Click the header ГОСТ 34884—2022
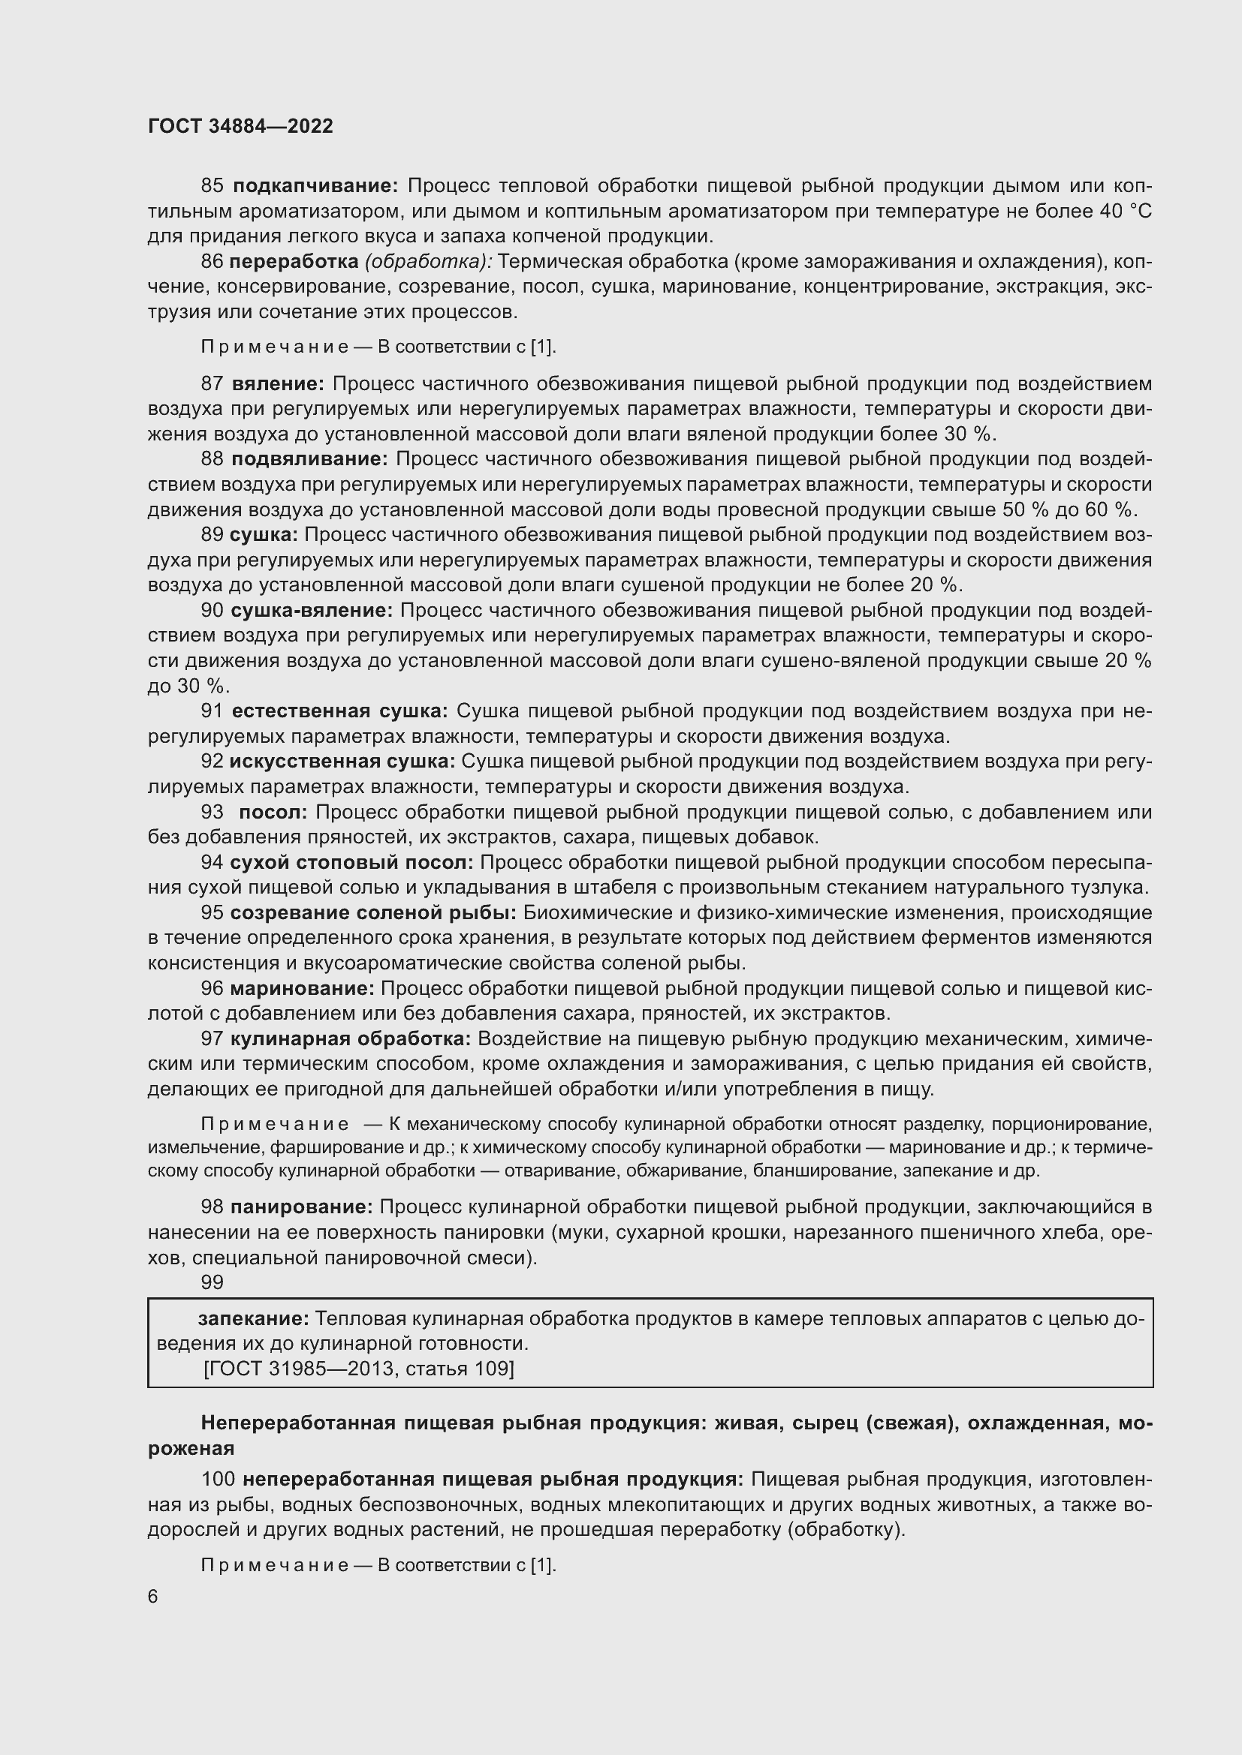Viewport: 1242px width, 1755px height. click(240, 126)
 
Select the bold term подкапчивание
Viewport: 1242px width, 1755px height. click(315, 186)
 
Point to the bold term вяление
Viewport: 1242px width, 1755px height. click(279, 383)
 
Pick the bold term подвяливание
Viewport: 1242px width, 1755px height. click(309, 458)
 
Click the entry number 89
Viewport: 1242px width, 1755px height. click(212, 534)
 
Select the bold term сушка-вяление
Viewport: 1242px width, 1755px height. click(312, 610)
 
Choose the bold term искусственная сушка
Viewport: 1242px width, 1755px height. click(342, 762)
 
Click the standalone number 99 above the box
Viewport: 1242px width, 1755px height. click(212, 1282)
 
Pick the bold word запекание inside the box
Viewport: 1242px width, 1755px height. click(253, 1318)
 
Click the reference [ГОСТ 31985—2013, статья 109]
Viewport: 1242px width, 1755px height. click(359, 1369)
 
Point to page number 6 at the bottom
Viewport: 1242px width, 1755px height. click(153, 1597)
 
